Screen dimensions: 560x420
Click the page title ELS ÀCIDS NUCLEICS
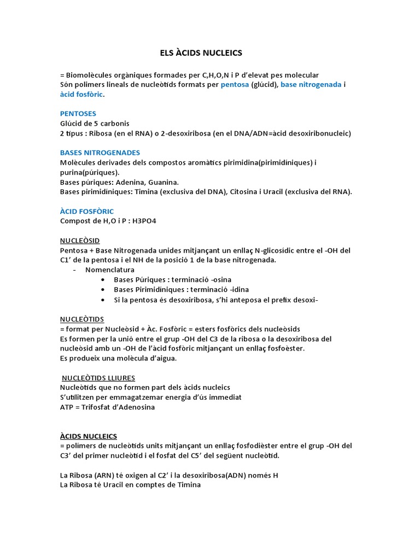(x=197, y=52)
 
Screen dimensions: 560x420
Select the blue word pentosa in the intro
(x=235, y=85)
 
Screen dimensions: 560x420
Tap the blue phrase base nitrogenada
(x=311, y=85)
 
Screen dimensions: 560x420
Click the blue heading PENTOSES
(x=78, y=114)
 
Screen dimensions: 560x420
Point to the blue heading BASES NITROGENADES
(x=100, y=153)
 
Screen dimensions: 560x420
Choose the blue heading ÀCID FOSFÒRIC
(x=86, y=211)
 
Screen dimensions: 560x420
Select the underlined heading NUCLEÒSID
(x=80, y=241)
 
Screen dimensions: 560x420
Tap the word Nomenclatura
(x=109, y=270)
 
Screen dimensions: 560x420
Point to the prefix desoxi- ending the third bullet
(x=303, y=300)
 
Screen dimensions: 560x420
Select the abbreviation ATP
(x=67, y=407)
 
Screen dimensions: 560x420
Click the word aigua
(x=167, y=358)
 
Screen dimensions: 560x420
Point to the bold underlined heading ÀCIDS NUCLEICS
(x=88, y=436)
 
